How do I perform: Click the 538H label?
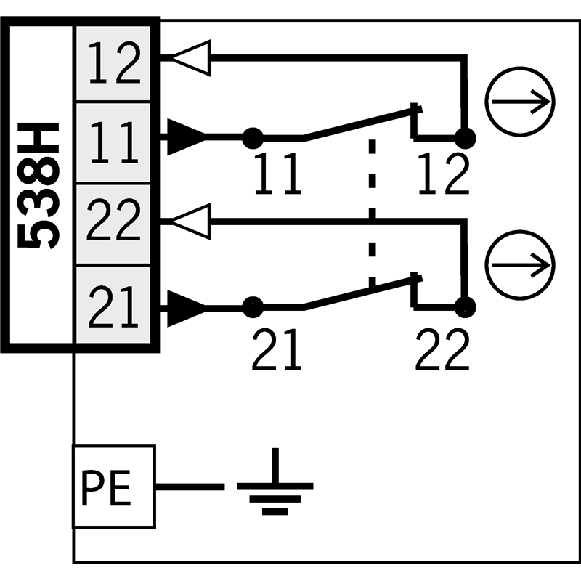(x=38, y=186)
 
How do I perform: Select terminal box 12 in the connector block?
(x=113, y=63)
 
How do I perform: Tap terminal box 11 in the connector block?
(x=113, y=142)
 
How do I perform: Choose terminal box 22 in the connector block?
(x=113, y=224)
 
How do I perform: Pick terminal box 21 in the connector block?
(x=113, y=304)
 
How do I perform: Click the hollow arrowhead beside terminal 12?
(x=191, y=58)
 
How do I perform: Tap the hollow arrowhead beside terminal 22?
(x=191, y=222)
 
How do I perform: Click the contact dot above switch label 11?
(x=253, y=138)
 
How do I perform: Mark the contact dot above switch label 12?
(x=465, y=138)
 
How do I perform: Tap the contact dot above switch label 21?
(x=253, y=307)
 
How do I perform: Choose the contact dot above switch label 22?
(x=465, y=307)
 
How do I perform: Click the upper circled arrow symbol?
(x=520, y=102)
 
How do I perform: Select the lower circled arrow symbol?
(x=520, y=265)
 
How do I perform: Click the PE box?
(x=114, y=486)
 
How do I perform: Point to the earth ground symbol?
(x=275, y=482)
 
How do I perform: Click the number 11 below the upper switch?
(x=278, y=174)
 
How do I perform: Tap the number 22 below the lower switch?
(x=442, y=349)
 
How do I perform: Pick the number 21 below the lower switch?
(x=277, y=349)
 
